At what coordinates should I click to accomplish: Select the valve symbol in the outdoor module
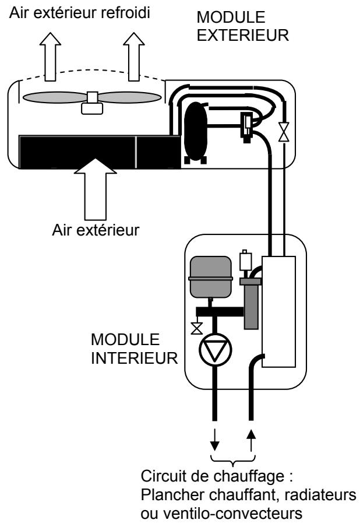click(x=284, y=131)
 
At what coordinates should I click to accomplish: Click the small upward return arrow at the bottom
click(x=252, y=442)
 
